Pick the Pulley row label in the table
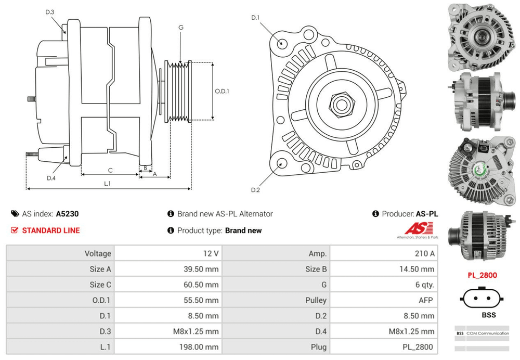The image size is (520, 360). pos(316,300)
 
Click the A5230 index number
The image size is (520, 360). pos(68,214)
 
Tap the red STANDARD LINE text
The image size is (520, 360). pos(51,230)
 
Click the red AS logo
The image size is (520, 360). pos(415,229)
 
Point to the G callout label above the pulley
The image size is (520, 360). pos(180,27)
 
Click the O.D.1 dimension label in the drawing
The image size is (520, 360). pos(222,91)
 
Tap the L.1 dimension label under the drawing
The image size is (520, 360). pos(107,183)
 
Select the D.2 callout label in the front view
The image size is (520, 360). pos(255,190)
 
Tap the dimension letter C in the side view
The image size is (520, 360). pos(110,170)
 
